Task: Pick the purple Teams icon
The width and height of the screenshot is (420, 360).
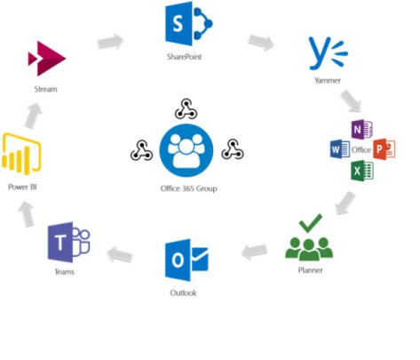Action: coord(70,241)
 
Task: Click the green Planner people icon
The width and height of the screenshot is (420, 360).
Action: coord(308,244)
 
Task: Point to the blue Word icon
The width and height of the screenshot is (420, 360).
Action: coord(340,148)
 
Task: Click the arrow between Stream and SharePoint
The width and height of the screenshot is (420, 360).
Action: coord(112,41)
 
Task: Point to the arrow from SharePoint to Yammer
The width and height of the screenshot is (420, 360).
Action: coord(261,42)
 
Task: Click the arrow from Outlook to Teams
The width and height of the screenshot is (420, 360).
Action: coord(120,256)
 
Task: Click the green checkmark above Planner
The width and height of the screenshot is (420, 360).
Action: coord(309,221)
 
